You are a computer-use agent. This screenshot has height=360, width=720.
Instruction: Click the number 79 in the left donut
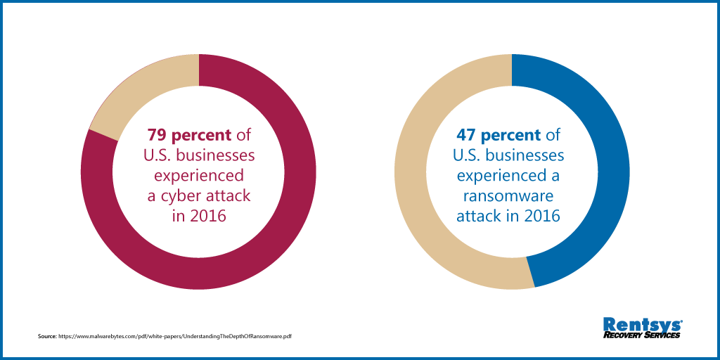coord(156,134)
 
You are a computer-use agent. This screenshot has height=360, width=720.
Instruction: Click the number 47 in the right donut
coord(466,134)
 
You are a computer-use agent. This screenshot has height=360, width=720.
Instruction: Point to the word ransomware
coord(508,195)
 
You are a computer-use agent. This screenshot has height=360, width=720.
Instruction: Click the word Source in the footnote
coord(46,337)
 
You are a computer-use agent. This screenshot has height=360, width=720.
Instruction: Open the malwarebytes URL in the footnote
coord(175,337)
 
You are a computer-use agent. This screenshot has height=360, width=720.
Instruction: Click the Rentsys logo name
coord(642,324)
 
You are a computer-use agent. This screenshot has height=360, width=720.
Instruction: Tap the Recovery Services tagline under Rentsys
coord(642,335)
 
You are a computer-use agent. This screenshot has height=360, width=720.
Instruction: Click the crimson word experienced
coord(199,175)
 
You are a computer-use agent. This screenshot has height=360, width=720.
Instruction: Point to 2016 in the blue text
coord(541,216)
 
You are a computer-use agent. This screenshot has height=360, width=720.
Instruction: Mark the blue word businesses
coord(526,155)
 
